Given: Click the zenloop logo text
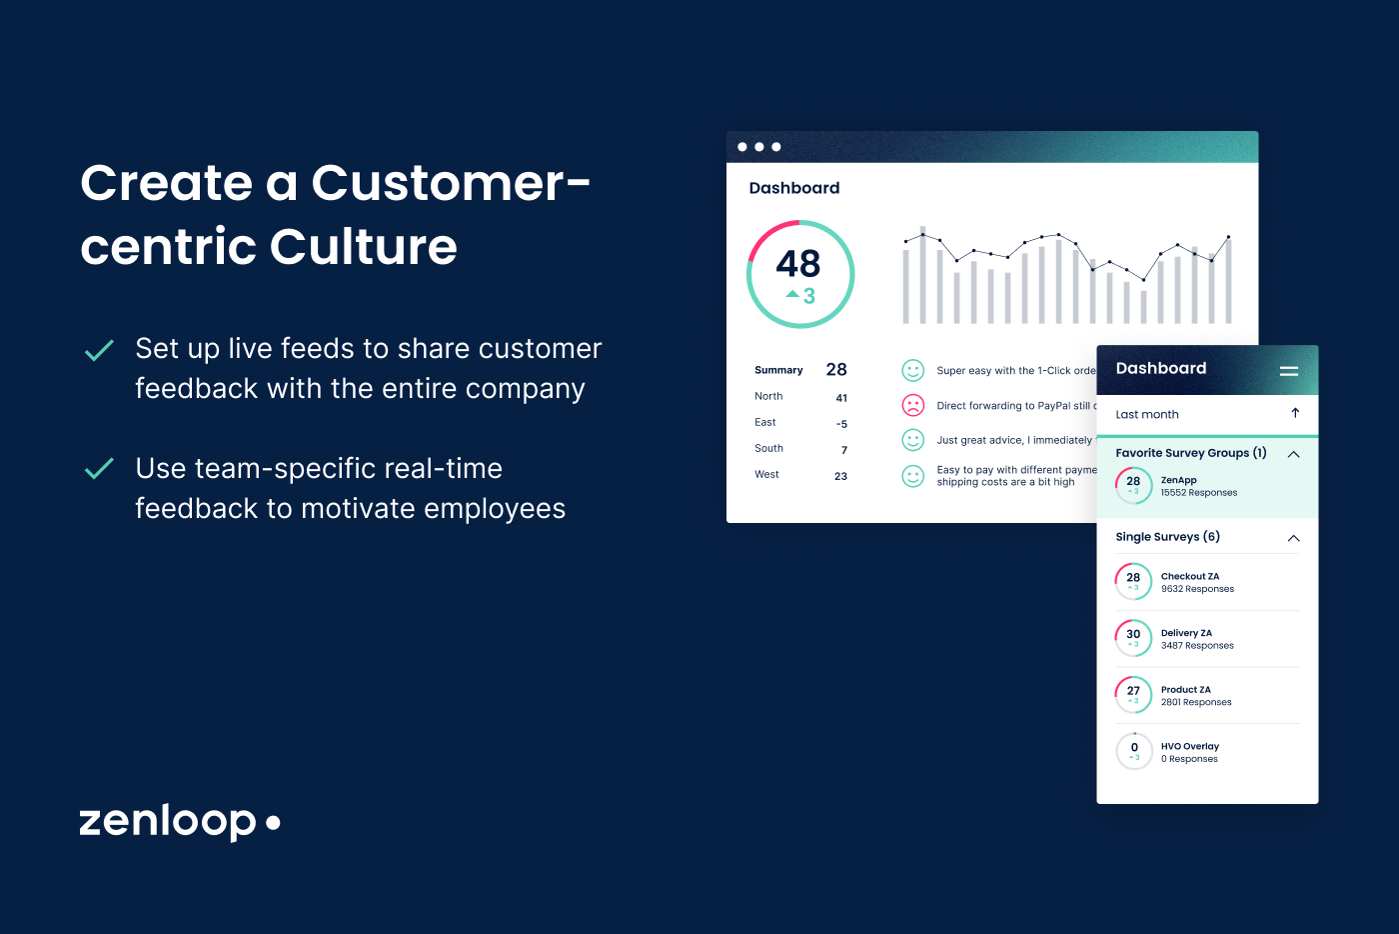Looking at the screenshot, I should point(168,821).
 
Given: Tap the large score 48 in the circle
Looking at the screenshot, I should point(798,264).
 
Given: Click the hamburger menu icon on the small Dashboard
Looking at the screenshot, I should point(1289,370).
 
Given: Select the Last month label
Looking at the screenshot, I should point(1147,414).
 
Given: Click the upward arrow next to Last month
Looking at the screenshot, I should point(1295,413).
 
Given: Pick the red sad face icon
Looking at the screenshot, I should point(913,405).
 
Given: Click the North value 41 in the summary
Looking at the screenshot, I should point(841,398).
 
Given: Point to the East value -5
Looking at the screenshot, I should point(841,424).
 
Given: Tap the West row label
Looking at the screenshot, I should point(766,474).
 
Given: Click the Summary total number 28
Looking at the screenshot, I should point(836,369).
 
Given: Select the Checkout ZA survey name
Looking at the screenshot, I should point(1189,576).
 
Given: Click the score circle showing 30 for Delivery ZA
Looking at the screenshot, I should point(1133,637).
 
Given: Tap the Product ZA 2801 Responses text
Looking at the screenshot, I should point(1196,702).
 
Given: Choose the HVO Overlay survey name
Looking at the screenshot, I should point(1189,746).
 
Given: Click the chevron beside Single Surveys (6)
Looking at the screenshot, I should point(1293,538).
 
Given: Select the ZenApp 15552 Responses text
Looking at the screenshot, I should point(1199,493).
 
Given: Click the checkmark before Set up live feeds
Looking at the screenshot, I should point(99,350).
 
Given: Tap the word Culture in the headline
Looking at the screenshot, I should point(363,247).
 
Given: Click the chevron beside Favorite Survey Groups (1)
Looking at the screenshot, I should point(1293,454).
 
